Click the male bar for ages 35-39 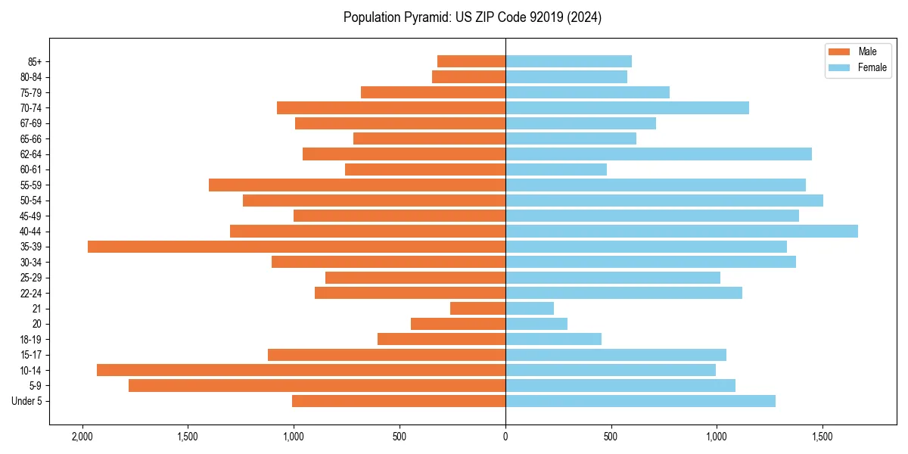[x=297, y=247]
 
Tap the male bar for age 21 [x=477, y=309]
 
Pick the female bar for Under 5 [x=640, y=401]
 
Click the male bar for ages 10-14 [x=301, y=370]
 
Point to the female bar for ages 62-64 [x=658, y=154]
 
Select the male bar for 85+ [x=471, y=61]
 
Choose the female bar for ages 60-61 [x=556, y=169]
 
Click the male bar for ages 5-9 [x=317, y=386]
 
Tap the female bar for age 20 [x=536, y=324]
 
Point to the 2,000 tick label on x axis [x=82, y=437]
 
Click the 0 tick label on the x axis [x=505, y=437]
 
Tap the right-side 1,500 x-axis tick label [x=822, y=437]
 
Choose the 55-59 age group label [x=31, y=185]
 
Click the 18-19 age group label [x=31, y=340]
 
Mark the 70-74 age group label [x=31, y=108]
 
